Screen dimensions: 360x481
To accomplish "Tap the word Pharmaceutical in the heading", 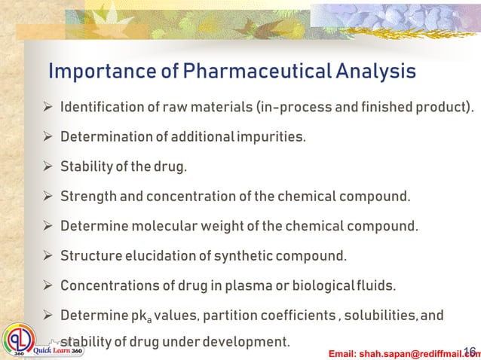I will [243, 72].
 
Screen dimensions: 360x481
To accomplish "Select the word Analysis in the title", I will [375, 72].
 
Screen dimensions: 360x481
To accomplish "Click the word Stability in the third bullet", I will [85, 166].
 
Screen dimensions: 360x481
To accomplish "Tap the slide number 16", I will [470, 351].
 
